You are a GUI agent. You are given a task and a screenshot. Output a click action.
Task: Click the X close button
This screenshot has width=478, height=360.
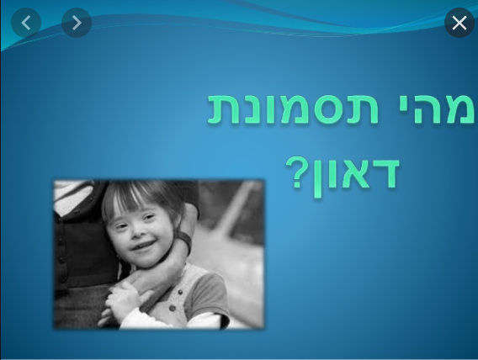(x=459, y=24)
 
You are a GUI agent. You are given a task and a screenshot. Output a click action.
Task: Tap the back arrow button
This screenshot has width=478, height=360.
(x=26, y=24)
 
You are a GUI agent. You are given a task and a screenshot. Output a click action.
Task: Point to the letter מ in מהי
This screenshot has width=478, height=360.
(x=459, y=109)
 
